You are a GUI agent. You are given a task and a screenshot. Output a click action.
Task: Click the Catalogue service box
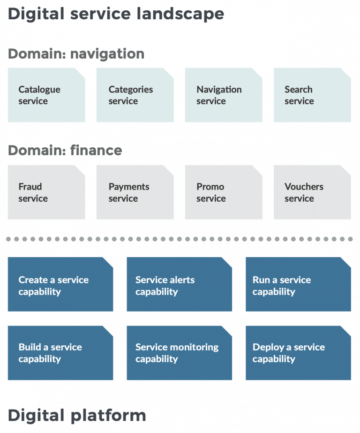click(46, 95)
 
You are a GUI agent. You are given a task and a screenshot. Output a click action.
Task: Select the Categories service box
click(135, 95)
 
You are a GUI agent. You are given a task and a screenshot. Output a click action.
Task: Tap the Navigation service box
click(223, 95)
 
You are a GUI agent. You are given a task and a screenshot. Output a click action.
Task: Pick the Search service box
click(312, 95)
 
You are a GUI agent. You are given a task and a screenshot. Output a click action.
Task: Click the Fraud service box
click(46, 192)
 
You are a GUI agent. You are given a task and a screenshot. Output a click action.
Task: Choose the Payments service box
click(135, 192)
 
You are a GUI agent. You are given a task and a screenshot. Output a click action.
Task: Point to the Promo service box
click(223, 192)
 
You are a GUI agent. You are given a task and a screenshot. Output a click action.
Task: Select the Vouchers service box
click(312, 192)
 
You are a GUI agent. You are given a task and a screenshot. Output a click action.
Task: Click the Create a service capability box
click(60, 284)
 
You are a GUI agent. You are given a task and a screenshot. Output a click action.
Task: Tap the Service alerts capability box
click(179, 284)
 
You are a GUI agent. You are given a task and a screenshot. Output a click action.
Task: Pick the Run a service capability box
click(298, 284)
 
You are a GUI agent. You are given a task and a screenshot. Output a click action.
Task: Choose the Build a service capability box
click(60, 353)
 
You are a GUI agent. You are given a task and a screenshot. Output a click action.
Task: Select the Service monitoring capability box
click(179, 353)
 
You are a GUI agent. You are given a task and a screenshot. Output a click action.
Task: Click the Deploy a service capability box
click(298, 353)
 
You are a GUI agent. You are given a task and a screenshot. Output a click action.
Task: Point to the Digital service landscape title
click(116, 14)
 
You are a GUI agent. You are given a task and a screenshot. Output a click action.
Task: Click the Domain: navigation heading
click(76, 54)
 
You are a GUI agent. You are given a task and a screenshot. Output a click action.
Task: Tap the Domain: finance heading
click(65, 151)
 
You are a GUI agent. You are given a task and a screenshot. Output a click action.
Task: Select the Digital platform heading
click(77, 415)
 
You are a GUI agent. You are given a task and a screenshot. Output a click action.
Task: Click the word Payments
click(129, 187)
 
